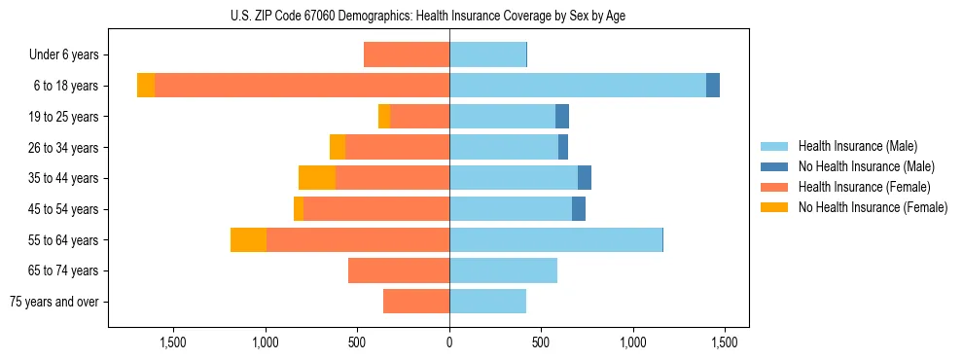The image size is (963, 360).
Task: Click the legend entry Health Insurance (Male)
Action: [857, 146]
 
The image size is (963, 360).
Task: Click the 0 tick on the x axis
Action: [449, 342]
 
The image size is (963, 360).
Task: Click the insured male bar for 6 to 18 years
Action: [578, 86]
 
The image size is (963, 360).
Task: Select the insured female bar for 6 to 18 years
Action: [302, 86]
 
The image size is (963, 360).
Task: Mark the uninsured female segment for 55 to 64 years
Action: [248, 239]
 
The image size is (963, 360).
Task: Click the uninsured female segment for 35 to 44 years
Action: [317, 178]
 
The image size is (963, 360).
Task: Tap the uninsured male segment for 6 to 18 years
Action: [713, 86]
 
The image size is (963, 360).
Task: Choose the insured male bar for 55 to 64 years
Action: [555, 239]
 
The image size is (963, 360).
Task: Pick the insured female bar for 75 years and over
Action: [416, 302]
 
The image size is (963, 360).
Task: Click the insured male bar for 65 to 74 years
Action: [503, 270]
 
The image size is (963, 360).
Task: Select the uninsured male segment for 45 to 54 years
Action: [579, 209]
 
